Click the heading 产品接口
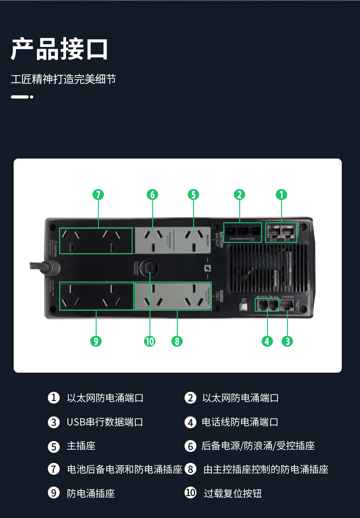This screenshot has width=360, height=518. click(x=59, y=49)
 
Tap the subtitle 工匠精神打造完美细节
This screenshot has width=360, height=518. click(x=63, y=79)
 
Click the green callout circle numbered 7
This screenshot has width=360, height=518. click(x=98, y=195)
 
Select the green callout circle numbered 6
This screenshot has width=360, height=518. click(x=152, y=195)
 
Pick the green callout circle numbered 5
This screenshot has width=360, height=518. click(x=193, y=195)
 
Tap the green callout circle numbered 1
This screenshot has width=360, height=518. click(x=282, y=195)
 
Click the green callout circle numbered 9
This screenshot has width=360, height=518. click(x=96, y=341)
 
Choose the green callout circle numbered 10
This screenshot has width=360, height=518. click(x=149, y=341)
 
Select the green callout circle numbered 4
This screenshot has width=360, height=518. click(x=267, y=341)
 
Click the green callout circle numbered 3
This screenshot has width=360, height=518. click(x=287, y=341)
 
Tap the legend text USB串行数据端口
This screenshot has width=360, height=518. click(x=105, y=422)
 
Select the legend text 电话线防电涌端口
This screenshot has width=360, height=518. click(x=240, y=422)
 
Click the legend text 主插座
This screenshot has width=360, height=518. click(x=81, y=446)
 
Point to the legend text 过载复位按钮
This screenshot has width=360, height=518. click(x=232, y=493)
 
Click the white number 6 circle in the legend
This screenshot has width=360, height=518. click(x=190, y=446)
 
